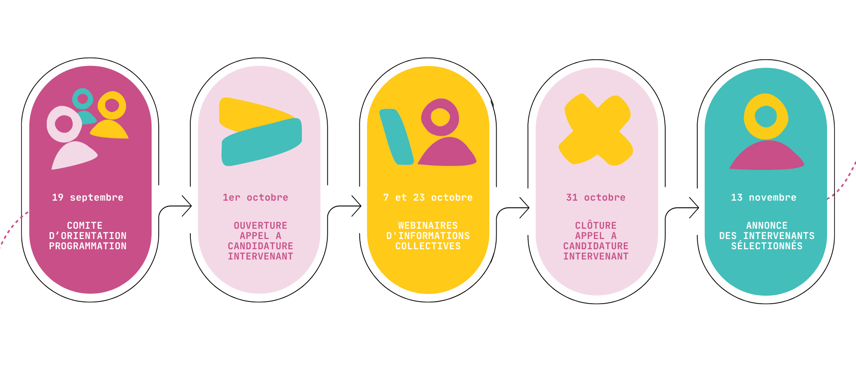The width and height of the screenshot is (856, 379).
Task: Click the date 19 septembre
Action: [88, 198]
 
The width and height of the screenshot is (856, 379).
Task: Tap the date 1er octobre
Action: [255, 198]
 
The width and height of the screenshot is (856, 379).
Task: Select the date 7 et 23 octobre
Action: [428, 198]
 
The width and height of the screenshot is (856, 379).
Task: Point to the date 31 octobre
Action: [596, 198]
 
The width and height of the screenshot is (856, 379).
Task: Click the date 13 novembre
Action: [764, 198]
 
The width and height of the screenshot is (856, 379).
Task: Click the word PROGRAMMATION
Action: [88, 246]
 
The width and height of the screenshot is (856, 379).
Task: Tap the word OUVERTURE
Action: [260, 226]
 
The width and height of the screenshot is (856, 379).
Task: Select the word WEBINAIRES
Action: [428, 226]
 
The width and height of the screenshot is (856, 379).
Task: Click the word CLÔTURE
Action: [596, 226]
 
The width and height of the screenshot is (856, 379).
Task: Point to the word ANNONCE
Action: [767, 226]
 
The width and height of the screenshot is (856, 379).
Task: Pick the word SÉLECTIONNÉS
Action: [767, 246]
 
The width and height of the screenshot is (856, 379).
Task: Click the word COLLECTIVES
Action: [428, 246]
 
